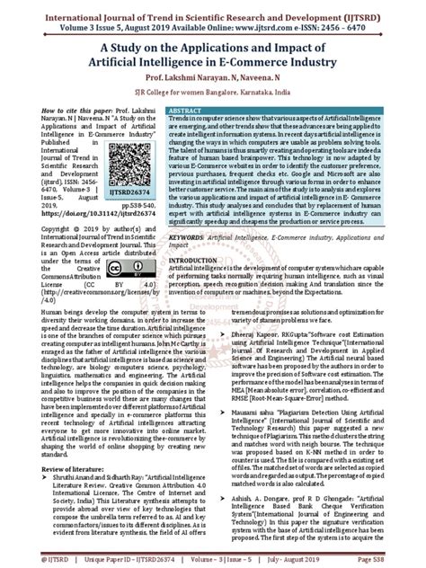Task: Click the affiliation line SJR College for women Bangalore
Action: point(213,92)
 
